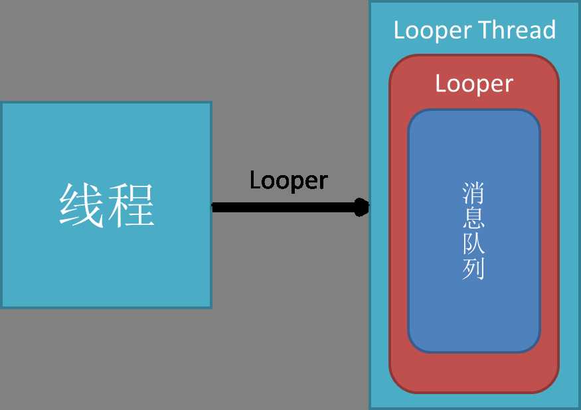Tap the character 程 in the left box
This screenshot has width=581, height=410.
click(131, 205)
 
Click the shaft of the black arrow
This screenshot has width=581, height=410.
click(286, 208)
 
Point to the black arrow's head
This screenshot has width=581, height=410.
click(363, 208)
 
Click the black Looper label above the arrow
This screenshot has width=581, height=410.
click(289, 180)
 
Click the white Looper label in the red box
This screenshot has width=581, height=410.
click(474, 84)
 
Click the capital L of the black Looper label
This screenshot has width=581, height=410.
click(254, 180)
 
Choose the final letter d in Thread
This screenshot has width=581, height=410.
click(549, 31)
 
